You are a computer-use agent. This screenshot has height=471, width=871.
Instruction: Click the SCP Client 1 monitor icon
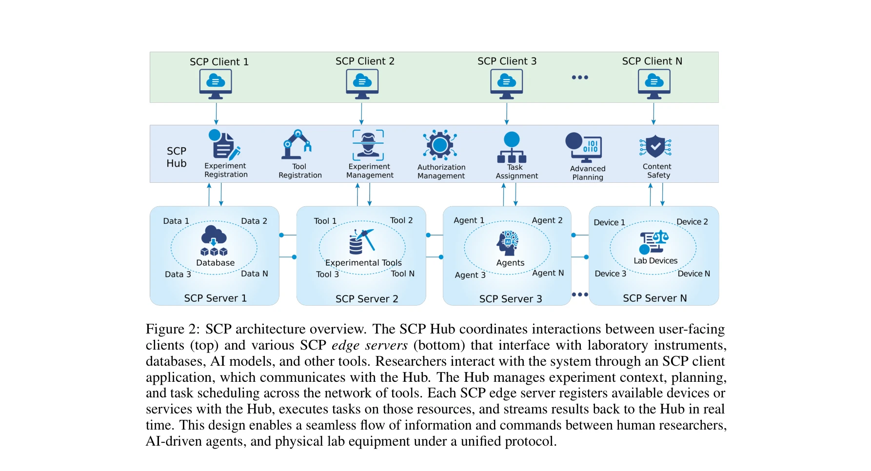point(216,83)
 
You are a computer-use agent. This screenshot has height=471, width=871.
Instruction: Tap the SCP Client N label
point(652,61)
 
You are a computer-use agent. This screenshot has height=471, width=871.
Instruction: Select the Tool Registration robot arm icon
point(296,145)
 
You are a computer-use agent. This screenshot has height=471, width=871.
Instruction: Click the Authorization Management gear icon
point(440,145)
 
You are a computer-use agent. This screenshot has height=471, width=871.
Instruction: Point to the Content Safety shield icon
point(655,146)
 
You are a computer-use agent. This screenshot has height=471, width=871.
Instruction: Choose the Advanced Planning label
point(588,173)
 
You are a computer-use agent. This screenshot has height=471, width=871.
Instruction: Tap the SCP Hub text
point(177,157)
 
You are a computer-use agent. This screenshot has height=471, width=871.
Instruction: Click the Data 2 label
point(254,221)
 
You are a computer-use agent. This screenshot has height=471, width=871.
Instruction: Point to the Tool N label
point(402,274)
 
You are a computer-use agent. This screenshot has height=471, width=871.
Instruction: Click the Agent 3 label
point(470,275)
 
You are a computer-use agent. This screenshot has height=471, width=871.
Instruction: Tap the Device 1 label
point(609,222)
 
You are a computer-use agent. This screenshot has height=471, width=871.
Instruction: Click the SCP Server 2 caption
point(367,299)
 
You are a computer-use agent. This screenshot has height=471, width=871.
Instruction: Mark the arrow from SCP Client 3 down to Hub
point(507,113)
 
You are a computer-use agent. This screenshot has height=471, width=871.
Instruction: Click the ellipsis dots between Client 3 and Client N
point(580,77)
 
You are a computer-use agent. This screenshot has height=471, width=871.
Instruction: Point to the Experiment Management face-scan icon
point(368,145)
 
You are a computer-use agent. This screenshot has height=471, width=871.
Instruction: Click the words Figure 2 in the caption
point(172,329)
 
